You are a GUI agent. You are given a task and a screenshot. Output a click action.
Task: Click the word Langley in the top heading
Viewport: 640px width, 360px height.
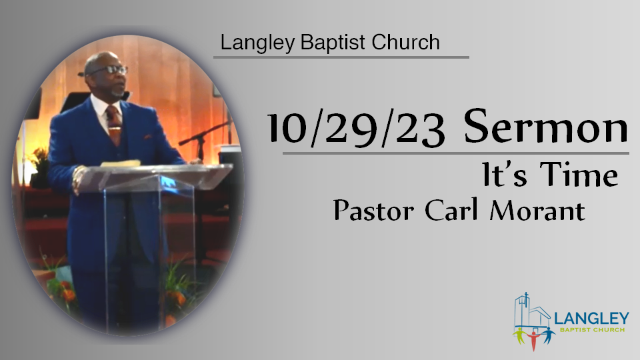point(257,43)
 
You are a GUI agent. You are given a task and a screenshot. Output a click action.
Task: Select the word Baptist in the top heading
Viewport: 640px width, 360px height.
point(333,42)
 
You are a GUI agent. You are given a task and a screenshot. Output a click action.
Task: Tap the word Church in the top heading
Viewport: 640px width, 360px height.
point(405,42)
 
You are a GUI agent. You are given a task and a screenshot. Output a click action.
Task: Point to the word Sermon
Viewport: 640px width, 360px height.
point(546,126)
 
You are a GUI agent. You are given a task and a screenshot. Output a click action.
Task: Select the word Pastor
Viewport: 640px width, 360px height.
point(373,210)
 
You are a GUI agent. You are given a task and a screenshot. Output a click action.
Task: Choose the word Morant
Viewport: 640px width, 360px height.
point(537,211)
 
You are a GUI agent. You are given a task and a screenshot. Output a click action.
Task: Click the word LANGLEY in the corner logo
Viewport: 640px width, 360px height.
point(592,319)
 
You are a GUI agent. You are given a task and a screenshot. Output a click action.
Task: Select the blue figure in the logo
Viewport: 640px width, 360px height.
point(548,335)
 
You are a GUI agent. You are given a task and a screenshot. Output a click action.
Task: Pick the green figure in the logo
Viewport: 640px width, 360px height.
point(519,335)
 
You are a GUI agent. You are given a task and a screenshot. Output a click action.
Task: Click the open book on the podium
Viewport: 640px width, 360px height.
point(121,163)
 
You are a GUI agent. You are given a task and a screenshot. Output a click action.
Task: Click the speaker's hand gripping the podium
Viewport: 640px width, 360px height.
point(79,179)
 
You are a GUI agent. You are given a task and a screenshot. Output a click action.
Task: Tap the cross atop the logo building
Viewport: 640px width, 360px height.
point(527,296)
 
